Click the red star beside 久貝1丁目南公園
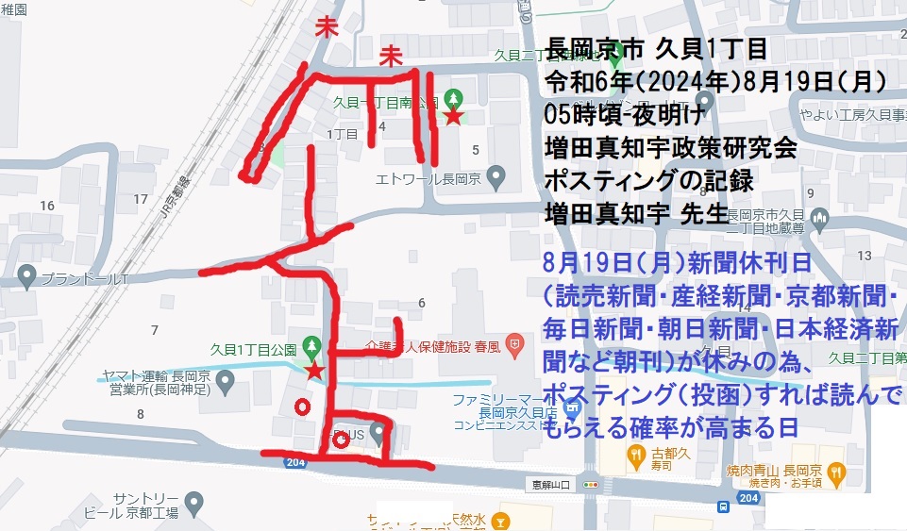[454, 117]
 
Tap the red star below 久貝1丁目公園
[315, 371]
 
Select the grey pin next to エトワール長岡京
[499, 177]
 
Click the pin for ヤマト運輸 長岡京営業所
[225, 381]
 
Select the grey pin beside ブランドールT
[26, 278]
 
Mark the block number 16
[46, 206]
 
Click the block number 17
[141, 199]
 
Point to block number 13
[863, 257]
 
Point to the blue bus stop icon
[723, 506]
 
